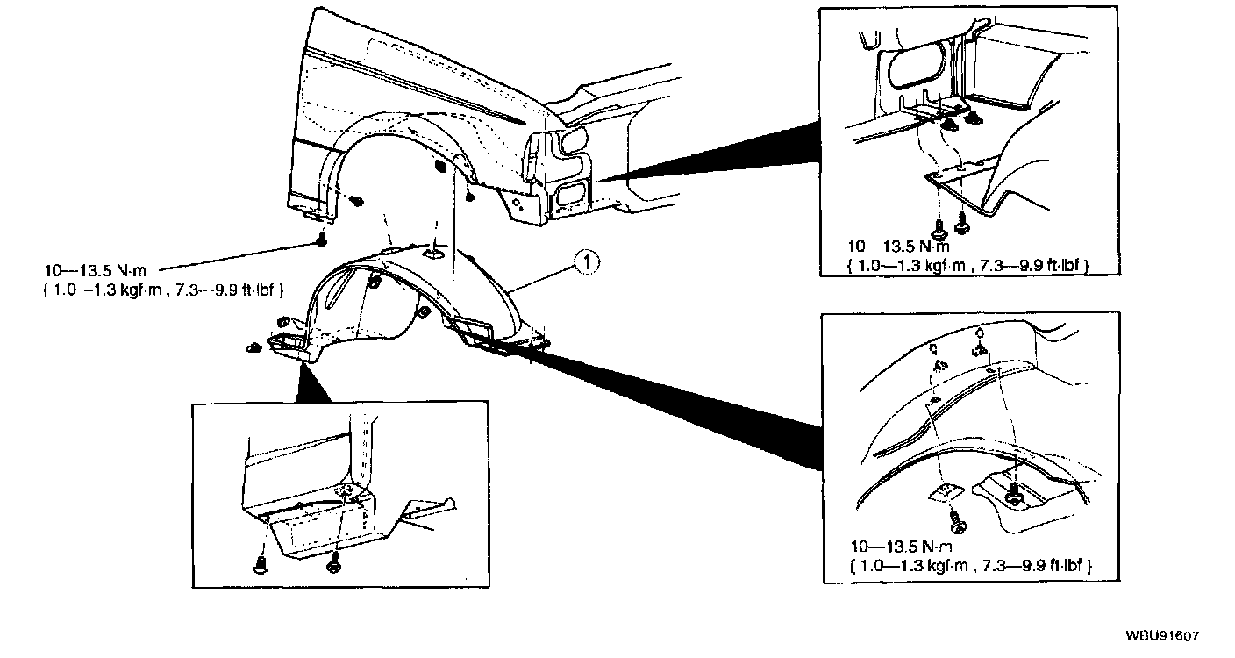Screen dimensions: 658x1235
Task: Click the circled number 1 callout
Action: (x=586, y=261)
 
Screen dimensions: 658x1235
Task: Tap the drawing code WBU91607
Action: (x=1163, y=637)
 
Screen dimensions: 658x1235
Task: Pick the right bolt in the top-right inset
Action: (x=962, y=225)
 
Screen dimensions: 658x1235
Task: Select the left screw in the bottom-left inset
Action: (x=261, y=563)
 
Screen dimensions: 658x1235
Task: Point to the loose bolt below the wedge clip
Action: (x=960, y=525)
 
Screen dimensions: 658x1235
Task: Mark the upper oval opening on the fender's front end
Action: (x=575, y=140)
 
